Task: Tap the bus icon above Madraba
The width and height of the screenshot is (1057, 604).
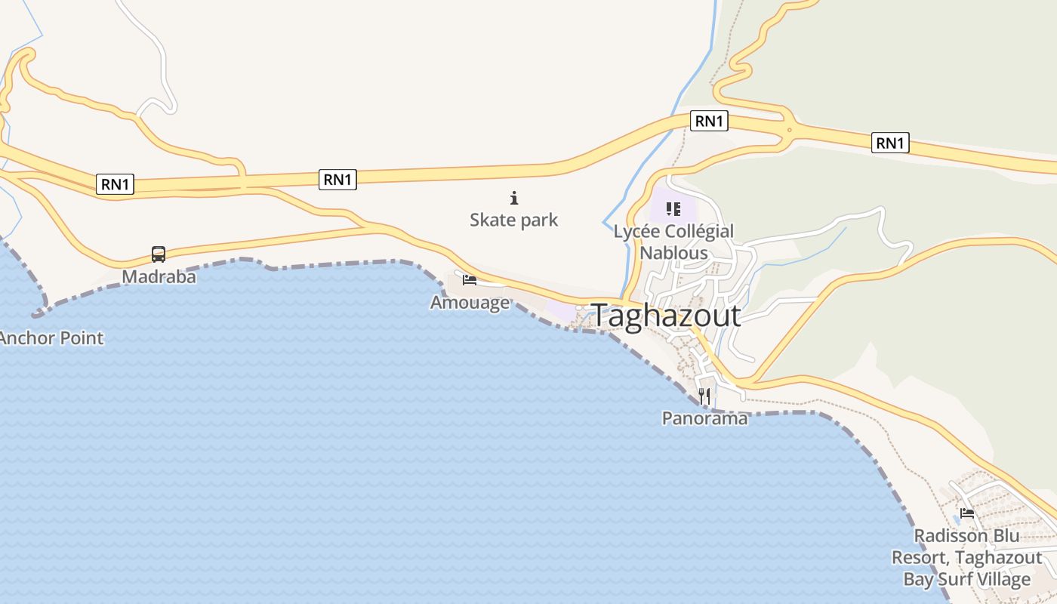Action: point(159,254)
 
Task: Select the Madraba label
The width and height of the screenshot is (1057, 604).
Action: point(159,277)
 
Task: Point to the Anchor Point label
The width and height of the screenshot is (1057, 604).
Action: point(51,337)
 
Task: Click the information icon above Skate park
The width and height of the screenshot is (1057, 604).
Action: point(514,199)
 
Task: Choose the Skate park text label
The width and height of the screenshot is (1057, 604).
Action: point(514,220)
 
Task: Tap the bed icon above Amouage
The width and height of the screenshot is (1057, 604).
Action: point(470,281)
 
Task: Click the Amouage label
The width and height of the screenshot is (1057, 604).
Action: point(470,303)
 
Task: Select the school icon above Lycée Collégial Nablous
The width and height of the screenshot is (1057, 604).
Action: point(673,209)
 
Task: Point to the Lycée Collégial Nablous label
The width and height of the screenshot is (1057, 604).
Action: point(673,242)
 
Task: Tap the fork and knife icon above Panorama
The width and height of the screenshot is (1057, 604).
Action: point(704,396)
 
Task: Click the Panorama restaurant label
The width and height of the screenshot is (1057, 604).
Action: point(704,418)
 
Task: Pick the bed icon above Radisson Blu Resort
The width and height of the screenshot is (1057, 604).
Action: point(967,514)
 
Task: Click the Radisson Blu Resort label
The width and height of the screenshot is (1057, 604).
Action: point(967,557)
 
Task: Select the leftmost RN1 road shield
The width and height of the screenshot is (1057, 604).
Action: point(116,183)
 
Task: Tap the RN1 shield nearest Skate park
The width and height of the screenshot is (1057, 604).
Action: point(337,179)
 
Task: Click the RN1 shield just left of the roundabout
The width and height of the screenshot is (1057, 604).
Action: point(709,121)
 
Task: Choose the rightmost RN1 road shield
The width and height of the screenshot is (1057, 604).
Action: point(890,143)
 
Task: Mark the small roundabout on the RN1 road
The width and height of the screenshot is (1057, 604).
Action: point(789,130)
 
